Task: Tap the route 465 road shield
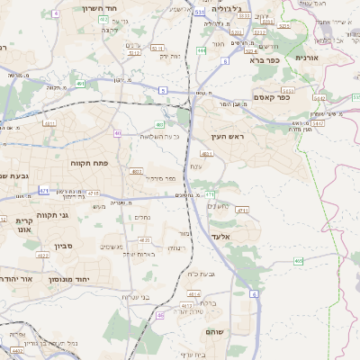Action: click(x=298, y=261)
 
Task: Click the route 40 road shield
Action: click(x=117, y=133)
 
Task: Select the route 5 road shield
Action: click(x=162, y=90)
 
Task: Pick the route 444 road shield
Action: click(x=201, y=51)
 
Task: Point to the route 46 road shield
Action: click(x=160, y=315)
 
